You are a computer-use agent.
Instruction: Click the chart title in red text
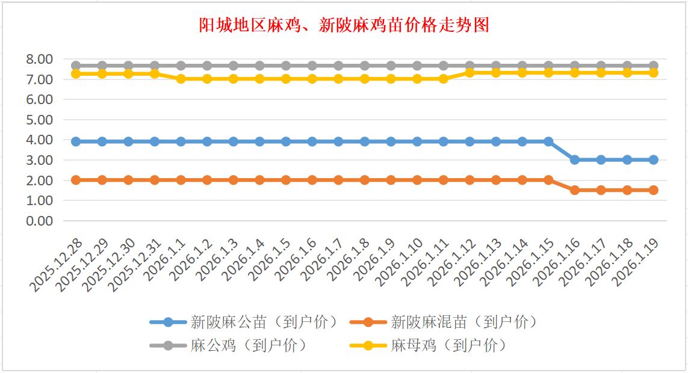[344, 25]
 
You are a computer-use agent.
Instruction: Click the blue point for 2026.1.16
[575, 159]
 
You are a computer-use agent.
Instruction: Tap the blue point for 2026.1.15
[548, 141]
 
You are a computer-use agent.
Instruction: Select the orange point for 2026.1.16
[575, 190]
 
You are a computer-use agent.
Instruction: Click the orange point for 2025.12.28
[76, 180]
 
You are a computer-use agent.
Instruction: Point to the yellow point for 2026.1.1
[181, 79]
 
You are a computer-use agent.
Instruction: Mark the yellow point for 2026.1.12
[470, 73]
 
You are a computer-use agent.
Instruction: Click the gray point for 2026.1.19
[653, 66]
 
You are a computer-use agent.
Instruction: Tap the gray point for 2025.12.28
[76, 66]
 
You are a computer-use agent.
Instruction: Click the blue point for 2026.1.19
[653, 159]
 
